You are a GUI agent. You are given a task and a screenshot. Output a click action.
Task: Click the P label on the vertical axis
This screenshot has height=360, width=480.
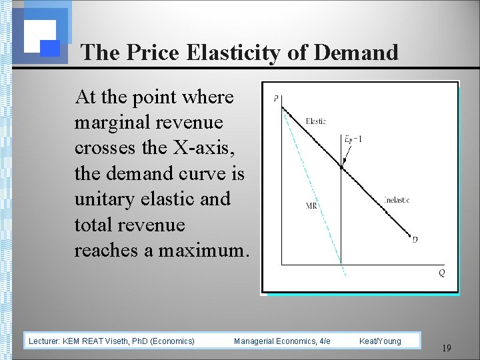[x=276, y=101]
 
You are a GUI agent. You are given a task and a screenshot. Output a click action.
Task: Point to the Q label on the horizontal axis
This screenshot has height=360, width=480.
[x=442, y=273]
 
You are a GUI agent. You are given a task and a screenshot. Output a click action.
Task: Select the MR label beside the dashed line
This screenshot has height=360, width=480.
[x=311, y=206]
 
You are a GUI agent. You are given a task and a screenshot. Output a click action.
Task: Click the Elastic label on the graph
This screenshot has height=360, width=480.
[x=316, y=121]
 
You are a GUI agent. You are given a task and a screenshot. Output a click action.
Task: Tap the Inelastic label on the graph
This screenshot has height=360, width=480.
[x=397, y=199]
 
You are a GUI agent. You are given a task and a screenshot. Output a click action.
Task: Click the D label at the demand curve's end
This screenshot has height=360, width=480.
[x=415, y=239]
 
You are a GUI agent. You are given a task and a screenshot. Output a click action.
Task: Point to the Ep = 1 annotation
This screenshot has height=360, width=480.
[x=353, y=139]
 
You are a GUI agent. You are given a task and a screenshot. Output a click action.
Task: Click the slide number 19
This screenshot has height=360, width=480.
[x=447, y=347]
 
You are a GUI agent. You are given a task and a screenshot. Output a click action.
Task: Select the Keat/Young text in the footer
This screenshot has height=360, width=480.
[x=380, y=341]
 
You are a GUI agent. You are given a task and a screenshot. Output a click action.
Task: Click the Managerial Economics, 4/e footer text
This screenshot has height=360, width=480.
[x=282, y=341]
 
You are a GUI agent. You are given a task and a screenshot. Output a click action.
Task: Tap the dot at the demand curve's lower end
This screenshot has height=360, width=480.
[x=409, y=234]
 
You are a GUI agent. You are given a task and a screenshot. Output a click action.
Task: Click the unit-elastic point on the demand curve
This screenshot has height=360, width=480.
[x=342, y=167]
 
